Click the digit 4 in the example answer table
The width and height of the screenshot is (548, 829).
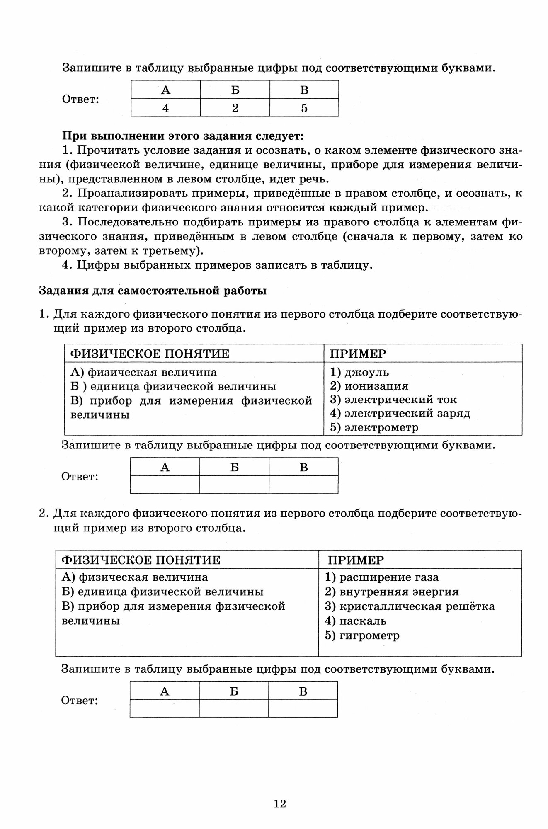(x=166, y=108)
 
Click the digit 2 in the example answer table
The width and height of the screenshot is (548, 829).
(x=235, y=108)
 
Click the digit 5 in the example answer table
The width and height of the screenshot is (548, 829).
(x=304, y=108)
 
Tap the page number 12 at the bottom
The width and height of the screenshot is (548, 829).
(x=280, y=804)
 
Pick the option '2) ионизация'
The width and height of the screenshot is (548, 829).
(x=369, y=386)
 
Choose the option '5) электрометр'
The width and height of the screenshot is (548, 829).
(x=374, y=427)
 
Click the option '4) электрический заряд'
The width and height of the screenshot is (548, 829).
(x=400, y=413)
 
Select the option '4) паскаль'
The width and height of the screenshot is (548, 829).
(x=356, y=621)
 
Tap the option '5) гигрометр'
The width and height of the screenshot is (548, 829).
(x=362, y=635)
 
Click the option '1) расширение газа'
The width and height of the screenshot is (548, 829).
(x=382, y=577)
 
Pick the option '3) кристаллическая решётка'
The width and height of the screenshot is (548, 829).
(x=410, y=606)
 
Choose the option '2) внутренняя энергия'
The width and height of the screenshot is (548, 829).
(x=392, y=591)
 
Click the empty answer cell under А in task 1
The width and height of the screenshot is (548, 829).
(x=165, y=485)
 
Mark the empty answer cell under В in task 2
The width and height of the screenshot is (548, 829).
(x=303, y=708)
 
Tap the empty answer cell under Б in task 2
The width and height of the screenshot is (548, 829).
(x=234, y=708)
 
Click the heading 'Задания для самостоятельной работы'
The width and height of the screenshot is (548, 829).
(x=153, y=291)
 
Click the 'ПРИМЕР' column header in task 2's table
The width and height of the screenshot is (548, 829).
(x=356, y=560)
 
